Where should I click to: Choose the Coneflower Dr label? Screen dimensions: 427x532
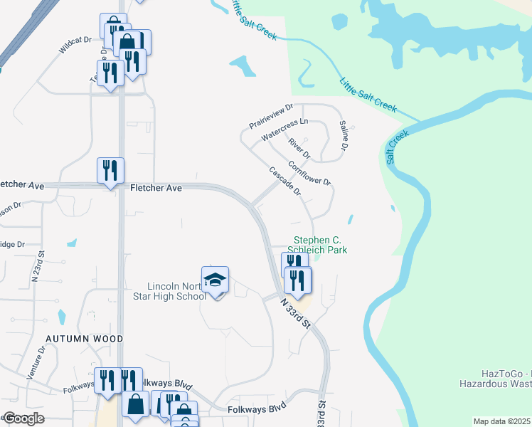tap(309, 173)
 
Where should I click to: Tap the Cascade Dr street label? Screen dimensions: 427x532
tap(285, 181)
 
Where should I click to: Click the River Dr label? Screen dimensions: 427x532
tap(299, 148)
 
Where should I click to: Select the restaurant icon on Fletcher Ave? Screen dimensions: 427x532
tap(110, 170)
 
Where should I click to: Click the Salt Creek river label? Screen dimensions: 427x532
tap(398, 147)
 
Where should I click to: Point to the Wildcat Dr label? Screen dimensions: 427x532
tap(76, 46)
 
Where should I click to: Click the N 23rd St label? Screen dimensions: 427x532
tap(40, 264)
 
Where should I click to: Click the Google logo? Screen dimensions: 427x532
tap(23, 418)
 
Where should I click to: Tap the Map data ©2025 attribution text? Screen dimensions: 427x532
tap(501, 421)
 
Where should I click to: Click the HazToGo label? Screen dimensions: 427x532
tap(504, 374)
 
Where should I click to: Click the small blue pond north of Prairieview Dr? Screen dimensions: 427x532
tap(243, 67)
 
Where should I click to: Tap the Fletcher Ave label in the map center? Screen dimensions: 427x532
tap(156, 188)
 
